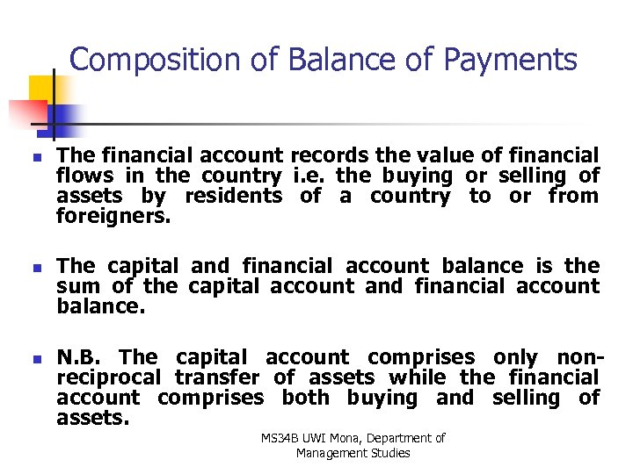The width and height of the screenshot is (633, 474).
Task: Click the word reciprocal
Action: tap(109, 377)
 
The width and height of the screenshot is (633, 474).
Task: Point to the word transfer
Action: tap(217, 377)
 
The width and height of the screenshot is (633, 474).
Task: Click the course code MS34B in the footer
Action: tap(279, 438)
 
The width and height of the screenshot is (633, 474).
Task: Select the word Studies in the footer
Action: tap(391, 453)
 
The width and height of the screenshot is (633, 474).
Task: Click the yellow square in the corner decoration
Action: tap(41, 89)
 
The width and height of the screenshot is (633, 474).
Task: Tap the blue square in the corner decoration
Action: tap(64, 117)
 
